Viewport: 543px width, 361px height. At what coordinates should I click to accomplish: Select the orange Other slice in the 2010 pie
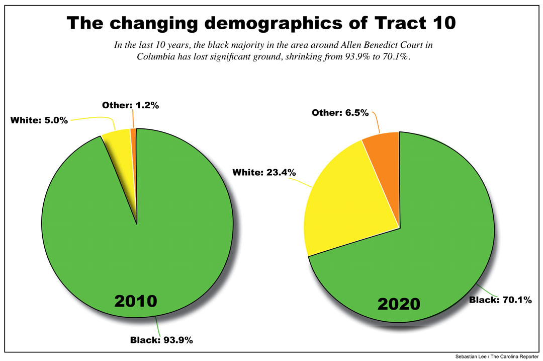pos(133,132)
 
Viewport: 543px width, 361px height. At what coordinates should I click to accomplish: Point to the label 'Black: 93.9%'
pos(161,340)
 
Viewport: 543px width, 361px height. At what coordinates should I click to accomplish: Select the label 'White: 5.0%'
pos(39,121)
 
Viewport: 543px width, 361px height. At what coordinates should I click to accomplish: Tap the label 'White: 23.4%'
pos(264,172)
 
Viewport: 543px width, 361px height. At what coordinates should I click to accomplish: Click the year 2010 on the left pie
pos(136,301)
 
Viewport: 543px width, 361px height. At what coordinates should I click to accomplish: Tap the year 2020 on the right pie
pos(399,305)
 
